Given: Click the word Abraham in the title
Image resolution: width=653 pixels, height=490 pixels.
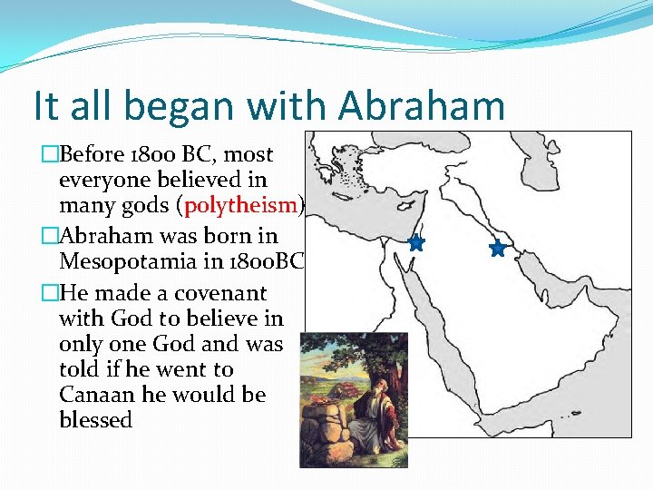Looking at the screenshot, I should [x=422, y=105].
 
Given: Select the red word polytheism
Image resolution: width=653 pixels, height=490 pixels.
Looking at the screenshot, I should [x=240, y=205].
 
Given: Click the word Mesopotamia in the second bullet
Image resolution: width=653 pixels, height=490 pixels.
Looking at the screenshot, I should [x=133, y=262].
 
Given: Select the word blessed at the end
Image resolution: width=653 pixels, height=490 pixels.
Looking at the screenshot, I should [x=95, y=421].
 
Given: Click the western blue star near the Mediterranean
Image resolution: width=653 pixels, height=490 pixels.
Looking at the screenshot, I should [x=416, y=242].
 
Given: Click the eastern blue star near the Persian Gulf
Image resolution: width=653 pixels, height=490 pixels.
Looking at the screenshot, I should [x=497, y=248].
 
